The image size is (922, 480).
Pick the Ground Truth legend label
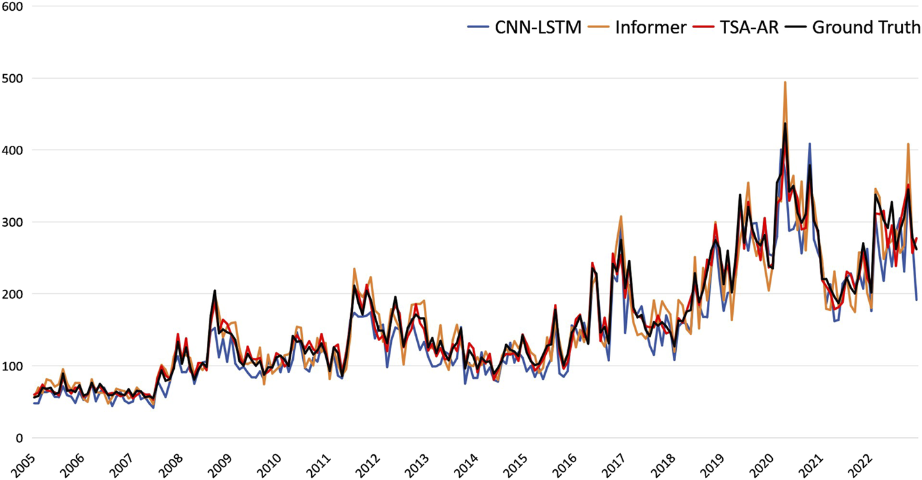866,28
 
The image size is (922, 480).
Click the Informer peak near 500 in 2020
785,83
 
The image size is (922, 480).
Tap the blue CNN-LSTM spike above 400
809,144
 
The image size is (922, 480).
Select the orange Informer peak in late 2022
908,144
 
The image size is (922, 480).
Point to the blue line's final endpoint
916,300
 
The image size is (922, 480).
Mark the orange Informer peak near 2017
620,216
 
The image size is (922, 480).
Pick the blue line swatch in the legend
478,28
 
